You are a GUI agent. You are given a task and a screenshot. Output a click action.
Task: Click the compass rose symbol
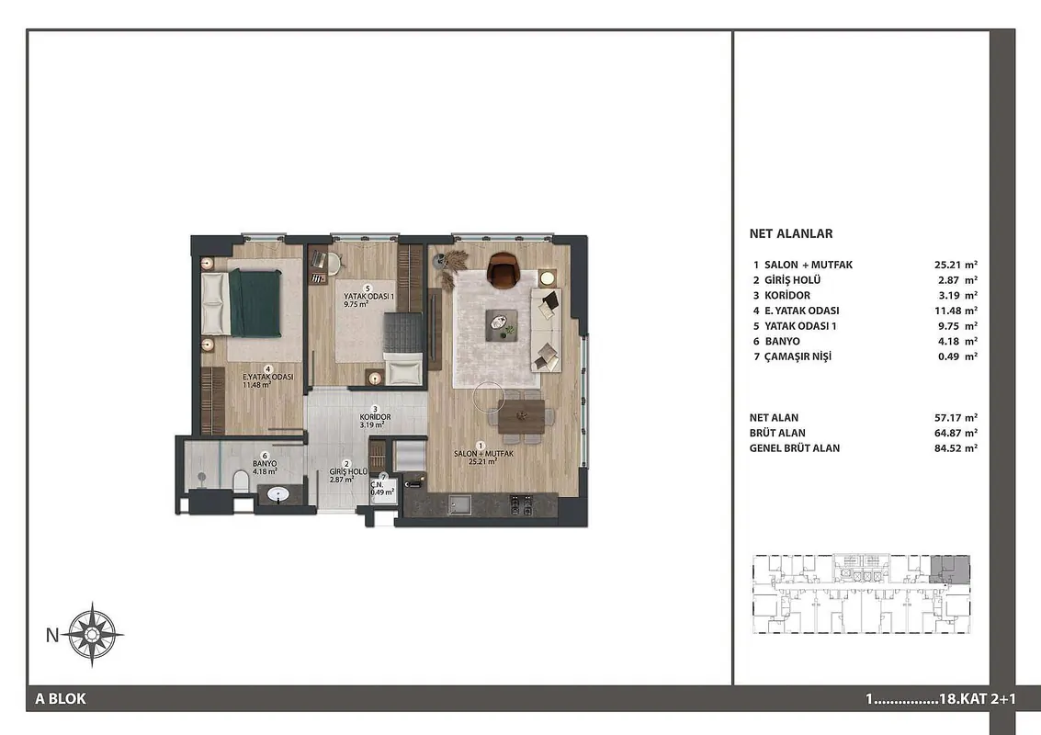point(92,634)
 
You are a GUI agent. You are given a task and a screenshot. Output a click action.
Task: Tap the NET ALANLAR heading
point(791,233)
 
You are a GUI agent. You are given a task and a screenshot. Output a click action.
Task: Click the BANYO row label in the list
point(782,341)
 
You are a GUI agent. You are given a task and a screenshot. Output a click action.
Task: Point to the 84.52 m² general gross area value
point(956,448)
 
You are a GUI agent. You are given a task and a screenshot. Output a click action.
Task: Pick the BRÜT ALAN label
point(777,433)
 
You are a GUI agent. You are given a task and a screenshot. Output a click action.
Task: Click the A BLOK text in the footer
point(61,698)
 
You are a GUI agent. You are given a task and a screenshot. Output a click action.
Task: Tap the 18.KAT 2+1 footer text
point(978,699)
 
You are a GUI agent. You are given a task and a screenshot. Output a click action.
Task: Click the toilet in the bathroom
point(241,481)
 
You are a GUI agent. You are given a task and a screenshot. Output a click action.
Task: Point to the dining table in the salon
point(521,416)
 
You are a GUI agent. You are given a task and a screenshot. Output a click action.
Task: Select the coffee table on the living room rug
point(502,325)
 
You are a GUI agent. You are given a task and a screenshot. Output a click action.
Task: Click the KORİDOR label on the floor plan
point(375,417)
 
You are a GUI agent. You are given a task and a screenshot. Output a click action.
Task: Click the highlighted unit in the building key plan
point(949,569)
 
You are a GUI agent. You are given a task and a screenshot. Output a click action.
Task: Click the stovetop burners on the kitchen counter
point(520,504)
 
